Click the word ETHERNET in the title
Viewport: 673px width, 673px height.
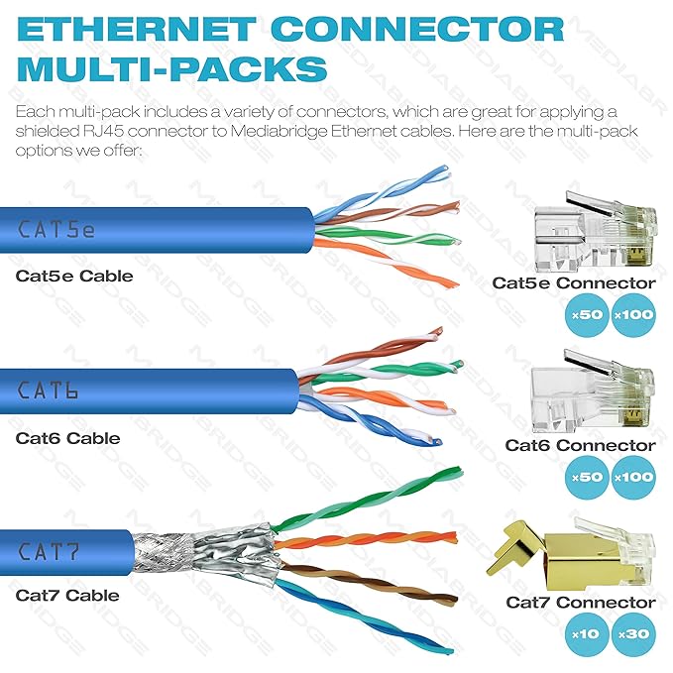click(137, 29)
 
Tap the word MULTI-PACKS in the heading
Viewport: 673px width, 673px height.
click(172, 68)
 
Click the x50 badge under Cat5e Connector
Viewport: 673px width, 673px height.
click(587, 314)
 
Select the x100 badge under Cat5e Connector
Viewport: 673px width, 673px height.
click(633, 314)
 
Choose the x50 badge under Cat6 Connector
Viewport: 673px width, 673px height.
click(587, 477)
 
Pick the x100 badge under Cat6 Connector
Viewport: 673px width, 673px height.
click(633, 477)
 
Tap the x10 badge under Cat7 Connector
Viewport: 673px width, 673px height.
click(587, 634)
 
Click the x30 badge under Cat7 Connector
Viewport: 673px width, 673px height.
click(633, 634)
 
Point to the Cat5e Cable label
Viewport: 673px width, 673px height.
click(74, 276)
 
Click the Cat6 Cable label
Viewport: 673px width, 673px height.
click(67, 438)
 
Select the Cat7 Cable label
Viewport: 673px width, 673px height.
click(67, 596)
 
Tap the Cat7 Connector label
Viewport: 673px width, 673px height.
click(581, 603)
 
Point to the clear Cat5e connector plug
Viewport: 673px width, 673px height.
click(596, 232)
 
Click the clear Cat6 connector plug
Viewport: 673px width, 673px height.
click(594, 392)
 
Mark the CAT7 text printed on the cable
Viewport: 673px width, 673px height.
click(49, 551)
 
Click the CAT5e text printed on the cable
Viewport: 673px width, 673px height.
click(56, 229)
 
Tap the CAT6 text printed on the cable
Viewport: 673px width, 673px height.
click(48, 391)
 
